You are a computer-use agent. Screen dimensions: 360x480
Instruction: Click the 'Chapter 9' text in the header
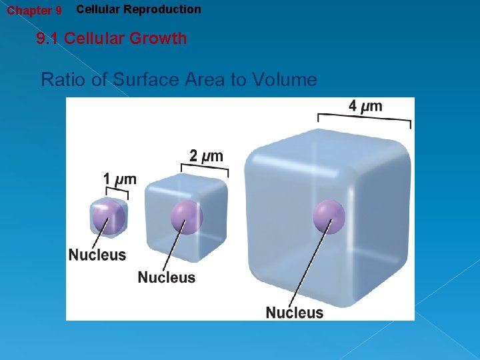click(x=34, y=11)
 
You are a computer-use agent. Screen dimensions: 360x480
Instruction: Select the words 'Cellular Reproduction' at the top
click(x=139, y=9)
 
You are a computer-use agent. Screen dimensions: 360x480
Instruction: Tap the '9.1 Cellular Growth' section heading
click(x=111, y=39)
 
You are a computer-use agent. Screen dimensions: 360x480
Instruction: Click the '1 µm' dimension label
click(x=119, y=179)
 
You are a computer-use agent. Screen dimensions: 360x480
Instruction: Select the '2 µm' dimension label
click(x=206, y=156)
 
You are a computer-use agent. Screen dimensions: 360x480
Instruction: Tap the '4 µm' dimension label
click(x=365, y=106)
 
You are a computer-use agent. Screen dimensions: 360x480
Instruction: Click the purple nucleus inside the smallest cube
click(x=108, y=218)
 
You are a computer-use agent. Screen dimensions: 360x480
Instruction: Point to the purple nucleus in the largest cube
click(x=329, y=217)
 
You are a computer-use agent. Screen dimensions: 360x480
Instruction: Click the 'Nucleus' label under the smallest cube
click(x=97, y=255)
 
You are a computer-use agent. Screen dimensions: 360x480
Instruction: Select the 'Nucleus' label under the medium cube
click(x=167, y=277)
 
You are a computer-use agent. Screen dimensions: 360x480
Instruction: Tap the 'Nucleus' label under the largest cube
click(x=295, y=312)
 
